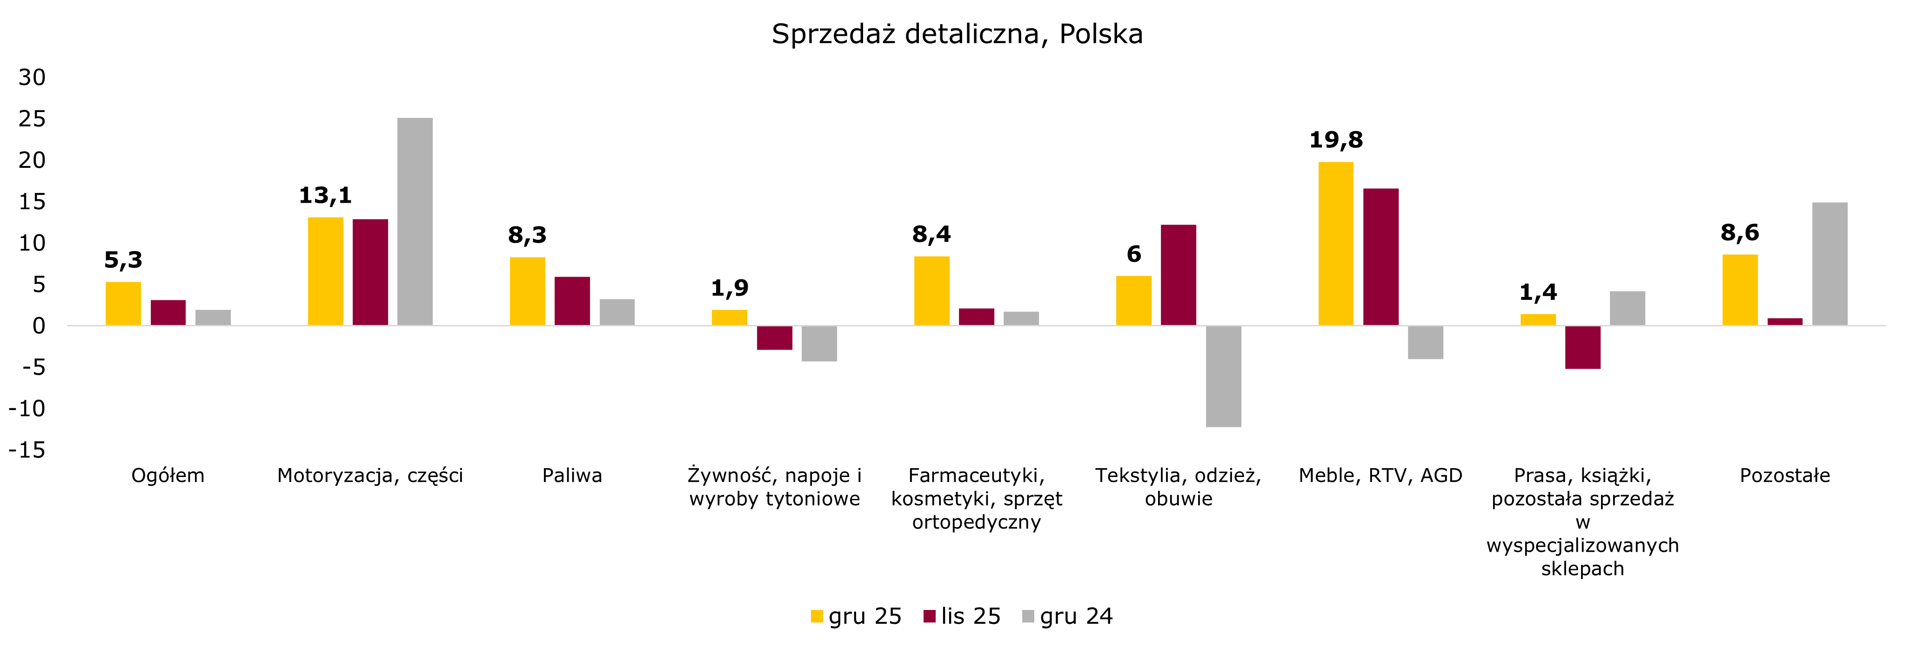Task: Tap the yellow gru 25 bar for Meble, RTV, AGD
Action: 1336,244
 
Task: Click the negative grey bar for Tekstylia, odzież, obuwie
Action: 1224,376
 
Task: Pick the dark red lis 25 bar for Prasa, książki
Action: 1583,347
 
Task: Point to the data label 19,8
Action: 1336,140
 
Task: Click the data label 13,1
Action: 325,196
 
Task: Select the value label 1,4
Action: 1538,292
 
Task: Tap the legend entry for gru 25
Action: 857,616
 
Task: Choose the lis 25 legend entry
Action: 963,616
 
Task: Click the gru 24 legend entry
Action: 1068,616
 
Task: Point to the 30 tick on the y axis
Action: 32,77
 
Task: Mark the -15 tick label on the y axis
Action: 27,450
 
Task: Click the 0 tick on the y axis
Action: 39,325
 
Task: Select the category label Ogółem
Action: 167,476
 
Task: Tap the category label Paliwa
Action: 572,476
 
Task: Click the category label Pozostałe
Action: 1784,476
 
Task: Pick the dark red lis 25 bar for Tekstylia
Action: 1178,275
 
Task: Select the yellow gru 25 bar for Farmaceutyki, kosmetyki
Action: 931,291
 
